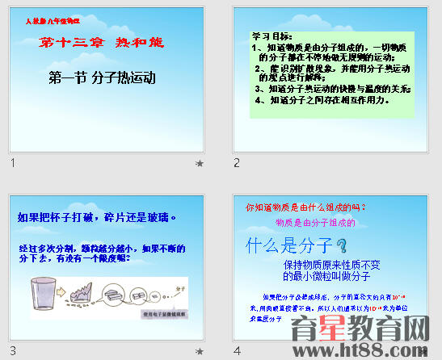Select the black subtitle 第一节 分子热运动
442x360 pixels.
pyautogui.click(x=102, y=78)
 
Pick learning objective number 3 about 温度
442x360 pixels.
pyautogui.click(x=333, y=89)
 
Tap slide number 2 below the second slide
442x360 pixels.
pyautogui.click(x=237, y=163)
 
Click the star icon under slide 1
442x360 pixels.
pyautogui.click(x=200, y=164)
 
